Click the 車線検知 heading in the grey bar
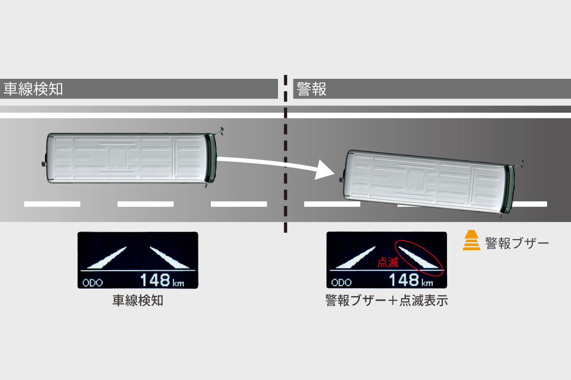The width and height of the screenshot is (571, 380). coord(33,89)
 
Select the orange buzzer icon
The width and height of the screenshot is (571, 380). coord(471,241)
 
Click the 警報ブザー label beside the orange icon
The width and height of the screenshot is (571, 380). coord(517,243)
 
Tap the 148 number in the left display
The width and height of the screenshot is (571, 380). coord(155,280)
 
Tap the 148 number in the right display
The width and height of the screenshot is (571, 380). coord(404,280)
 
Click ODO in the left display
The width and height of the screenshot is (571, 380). coord(92,283)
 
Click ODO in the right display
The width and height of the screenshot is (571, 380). coord(341,283)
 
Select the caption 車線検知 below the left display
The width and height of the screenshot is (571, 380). coord(138,301)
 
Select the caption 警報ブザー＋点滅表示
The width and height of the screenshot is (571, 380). coord(386,301)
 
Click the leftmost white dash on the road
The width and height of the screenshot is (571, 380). coord(52,204)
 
